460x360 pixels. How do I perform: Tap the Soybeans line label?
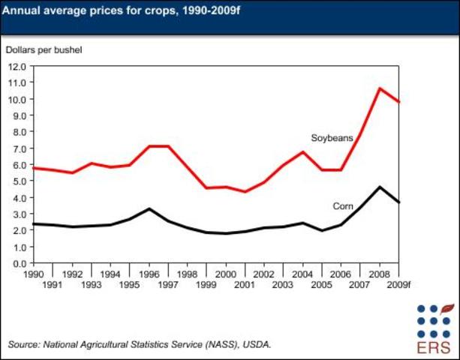point(332,137)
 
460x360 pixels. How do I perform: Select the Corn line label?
point(344,205)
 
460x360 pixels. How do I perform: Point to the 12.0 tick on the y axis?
point(17,67)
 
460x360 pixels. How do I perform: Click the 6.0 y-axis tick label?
point(17,165)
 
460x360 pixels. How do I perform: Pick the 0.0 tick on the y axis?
point(17,264)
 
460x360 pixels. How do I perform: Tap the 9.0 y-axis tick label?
point(17,115)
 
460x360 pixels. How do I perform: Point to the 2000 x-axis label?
point(224,274)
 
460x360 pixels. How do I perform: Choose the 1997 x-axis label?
point(167,284)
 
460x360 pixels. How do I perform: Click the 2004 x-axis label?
point(302,274)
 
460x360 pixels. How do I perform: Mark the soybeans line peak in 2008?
point(379,88)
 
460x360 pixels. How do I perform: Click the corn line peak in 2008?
point(379,187)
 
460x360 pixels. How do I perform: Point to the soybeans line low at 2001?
point(244,192)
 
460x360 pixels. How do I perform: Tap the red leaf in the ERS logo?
point(448,307)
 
